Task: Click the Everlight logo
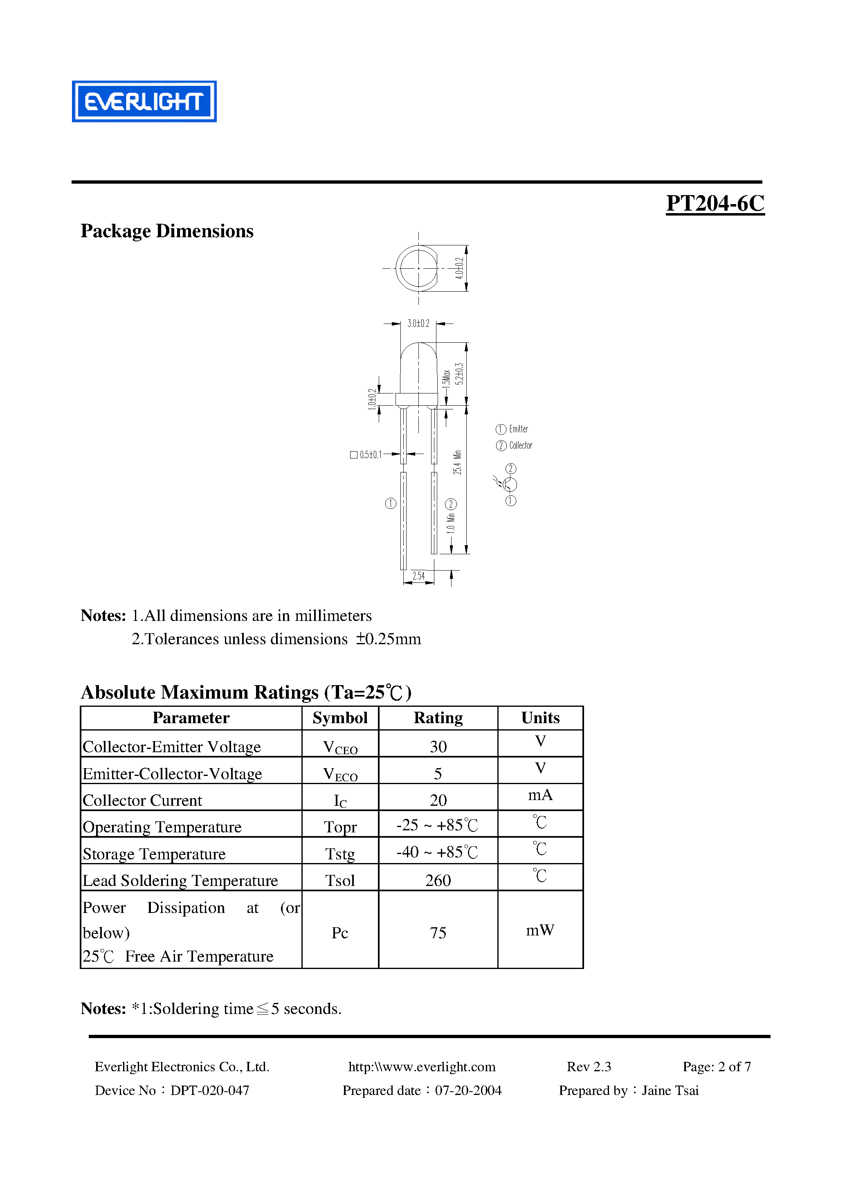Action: point(144,101)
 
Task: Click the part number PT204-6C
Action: point(715,203)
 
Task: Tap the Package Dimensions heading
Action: point(167,231)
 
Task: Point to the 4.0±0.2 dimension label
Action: point(459,268)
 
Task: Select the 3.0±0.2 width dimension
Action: point(418,324)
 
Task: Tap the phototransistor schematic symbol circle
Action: point(510,484)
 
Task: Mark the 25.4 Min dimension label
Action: point(457,462)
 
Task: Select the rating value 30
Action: point(438,746)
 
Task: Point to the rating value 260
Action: point(438,880)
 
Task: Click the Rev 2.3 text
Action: point(589,1067)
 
